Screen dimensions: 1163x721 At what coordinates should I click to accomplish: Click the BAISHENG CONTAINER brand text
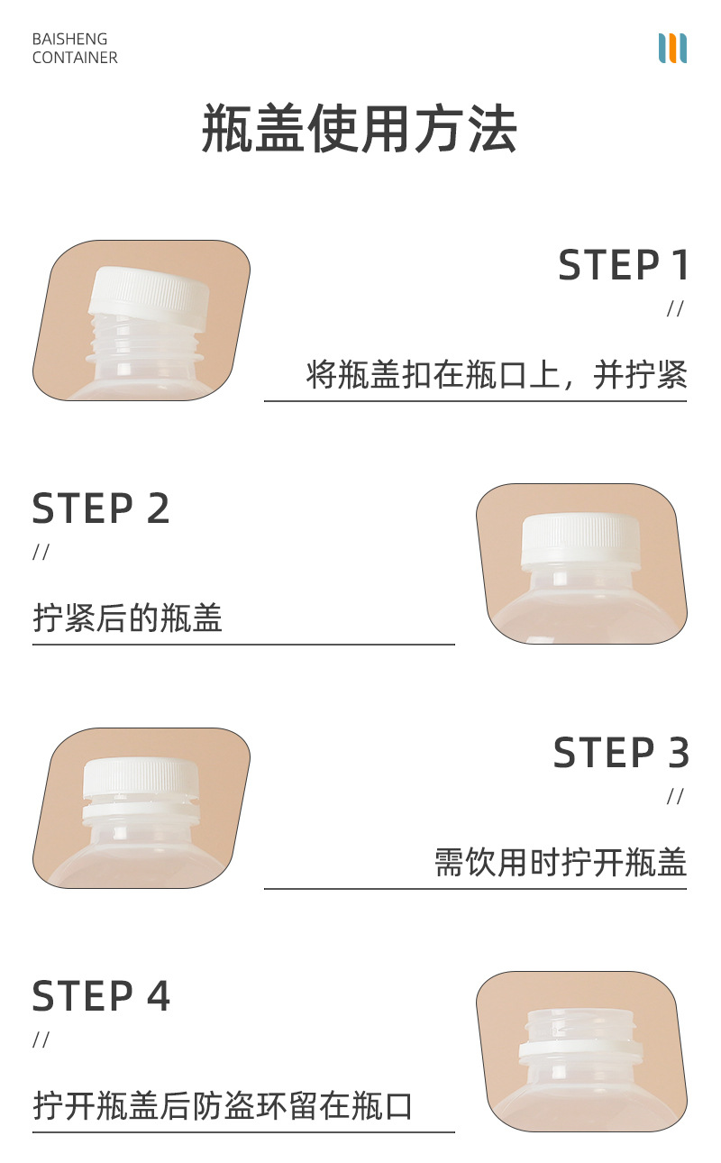(75, 49)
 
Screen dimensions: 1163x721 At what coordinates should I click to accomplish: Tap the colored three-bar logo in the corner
(672, 49)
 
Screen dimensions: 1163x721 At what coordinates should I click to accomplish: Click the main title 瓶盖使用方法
(360, 130)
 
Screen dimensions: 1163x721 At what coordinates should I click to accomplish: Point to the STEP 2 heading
(101, 508)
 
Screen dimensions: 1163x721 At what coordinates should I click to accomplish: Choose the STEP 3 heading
(621, 753)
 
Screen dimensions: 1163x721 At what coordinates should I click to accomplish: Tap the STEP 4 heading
(101, 996)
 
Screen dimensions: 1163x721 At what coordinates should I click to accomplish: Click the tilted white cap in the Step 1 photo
(151, 292)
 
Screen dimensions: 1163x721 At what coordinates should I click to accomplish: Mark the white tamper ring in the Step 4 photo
(580, 1049)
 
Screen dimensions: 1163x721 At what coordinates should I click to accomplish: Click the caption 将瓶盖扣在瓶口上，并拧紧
(497, 374)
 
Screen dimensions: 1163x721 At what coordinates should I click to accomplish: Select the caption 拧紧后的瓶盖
(127, 618)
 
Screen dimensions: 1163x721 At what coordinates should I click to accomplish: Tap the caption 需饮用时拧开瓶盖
(560, 862)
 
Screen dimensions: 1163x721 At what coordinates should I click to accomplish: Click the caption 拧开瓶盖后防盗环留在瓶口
(223, 1105)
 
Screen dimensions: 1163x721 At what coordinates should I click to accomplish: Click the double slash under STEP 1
(675, 309)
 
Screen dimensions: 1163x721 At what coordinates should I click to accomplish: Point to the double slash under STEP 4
(41, 1040)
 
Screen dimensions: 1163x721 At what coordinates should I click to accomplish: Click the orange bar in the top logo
(672, 49)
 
